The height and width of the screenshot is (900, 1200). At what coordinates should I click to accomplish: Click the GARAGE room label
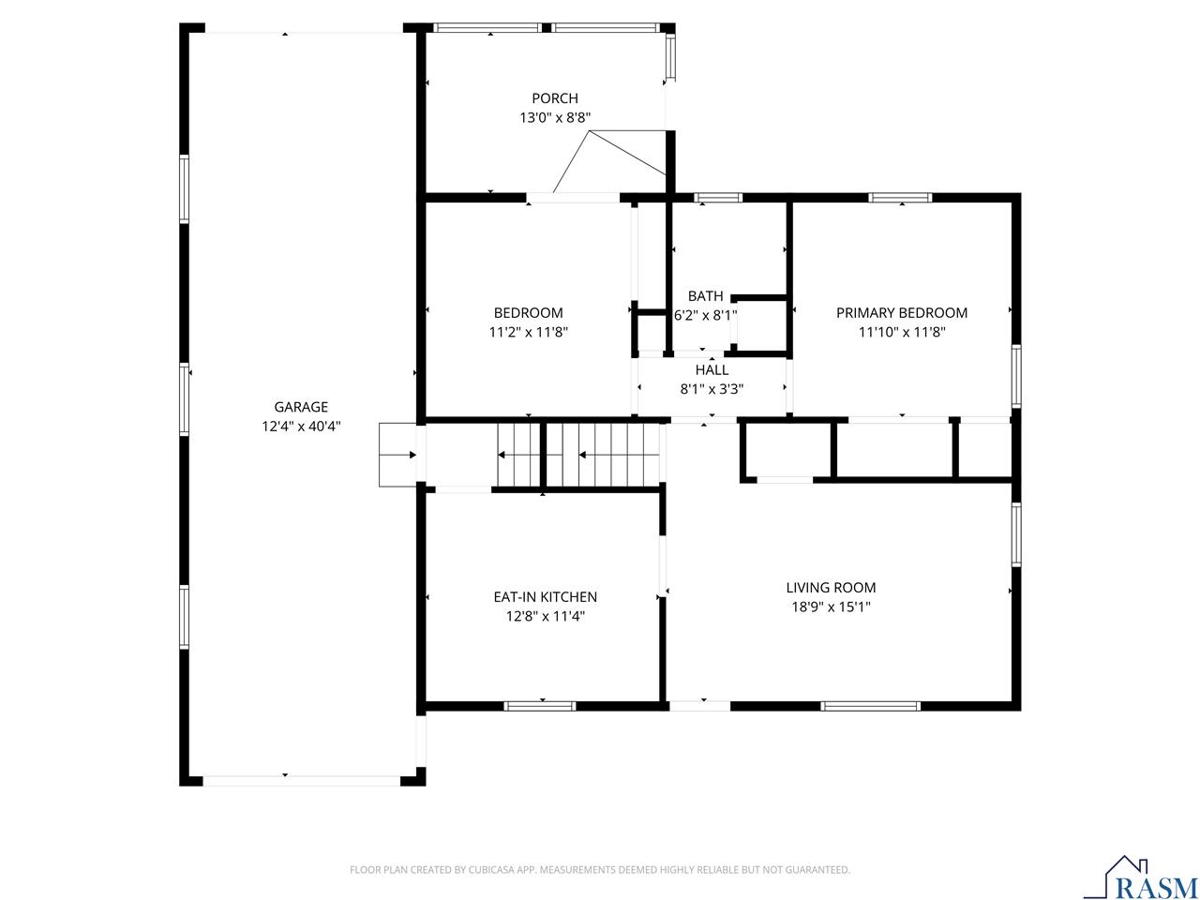(x=301, y=407)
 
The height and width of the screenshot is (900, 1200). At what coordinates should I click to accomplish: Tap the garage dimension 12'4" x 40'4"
(x=301, y=426)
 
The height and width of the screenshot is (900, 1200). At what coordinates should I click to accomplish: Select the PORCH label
(x=555, y=98)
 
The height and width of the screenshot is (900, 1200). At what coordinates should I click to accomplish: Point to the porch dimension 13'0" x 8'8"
(x=555, y=117)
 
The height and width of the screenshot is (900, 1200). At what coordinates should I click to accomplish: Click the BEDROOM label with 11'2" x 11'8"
(x=529, y=313)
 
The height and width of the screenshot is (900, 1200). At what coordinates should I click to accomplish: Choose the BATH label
(x=705, y=296)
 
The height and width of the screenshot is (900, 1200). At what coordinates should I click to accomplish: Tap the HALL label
(x=712, y=370)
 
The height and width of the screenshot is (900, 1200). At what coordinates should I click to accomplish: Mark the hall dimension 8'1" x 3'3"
(x=712, y=389)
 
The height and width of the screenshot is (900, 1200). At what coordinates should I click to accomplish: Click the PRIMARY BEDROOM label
(x=902, y=313)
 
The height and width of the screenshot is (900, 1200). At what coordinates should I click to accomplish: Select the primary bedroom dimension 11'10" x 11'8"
(x=902, y=332)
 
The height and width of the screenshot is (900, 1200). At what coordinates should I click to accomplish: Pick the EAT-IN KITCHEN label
(x=545, y=597)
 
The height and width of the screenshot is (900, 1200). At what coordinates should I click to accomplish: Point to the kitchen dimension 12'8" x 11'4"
(x=545, y=616)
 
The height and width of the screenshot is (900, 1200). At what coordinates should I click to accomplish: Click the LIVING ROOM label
(x=831, y=588)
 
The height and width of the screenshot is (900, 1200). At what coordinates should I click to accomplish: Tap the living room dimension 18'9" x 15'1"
(x=831, y=607)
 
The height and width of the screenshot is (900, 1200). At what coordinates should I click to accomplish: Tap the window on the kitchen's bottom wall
(x=540, y=705)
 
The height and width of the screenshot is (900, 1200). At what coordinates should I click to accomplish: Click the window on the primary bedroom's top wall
(x=899, y=198)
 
